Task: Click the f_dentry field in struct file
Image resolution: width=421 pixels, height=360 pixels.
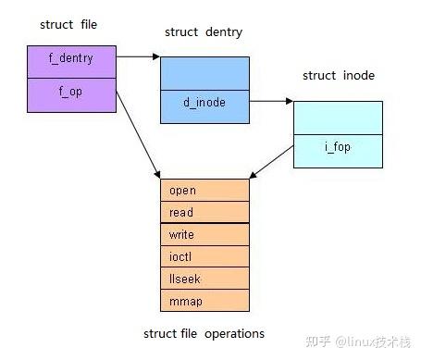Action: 71,59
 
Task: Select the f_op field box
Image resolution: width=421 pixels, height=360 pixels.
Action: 71,93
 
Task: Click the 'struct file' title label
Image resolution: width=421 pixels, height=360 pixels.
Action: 70,24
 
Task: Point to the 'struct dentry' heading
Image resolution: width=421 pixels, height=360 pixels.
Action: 204,32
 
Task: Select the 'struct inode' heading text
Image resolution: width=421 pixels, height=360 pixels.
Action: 339,75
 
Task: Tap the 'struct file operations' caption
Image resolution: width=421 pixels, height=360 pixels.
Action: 204,333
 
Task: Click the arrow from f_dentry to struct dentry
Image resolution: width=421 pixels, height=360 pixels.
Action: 139,56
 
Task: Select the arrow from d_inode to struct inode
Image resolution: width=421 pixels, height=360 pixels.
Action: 271,104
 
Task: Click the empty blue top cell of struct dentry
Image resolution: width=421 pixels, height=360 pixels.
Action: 204,71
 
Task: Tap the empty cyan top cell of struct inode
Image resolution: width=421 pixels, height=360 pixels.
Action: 337,118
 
